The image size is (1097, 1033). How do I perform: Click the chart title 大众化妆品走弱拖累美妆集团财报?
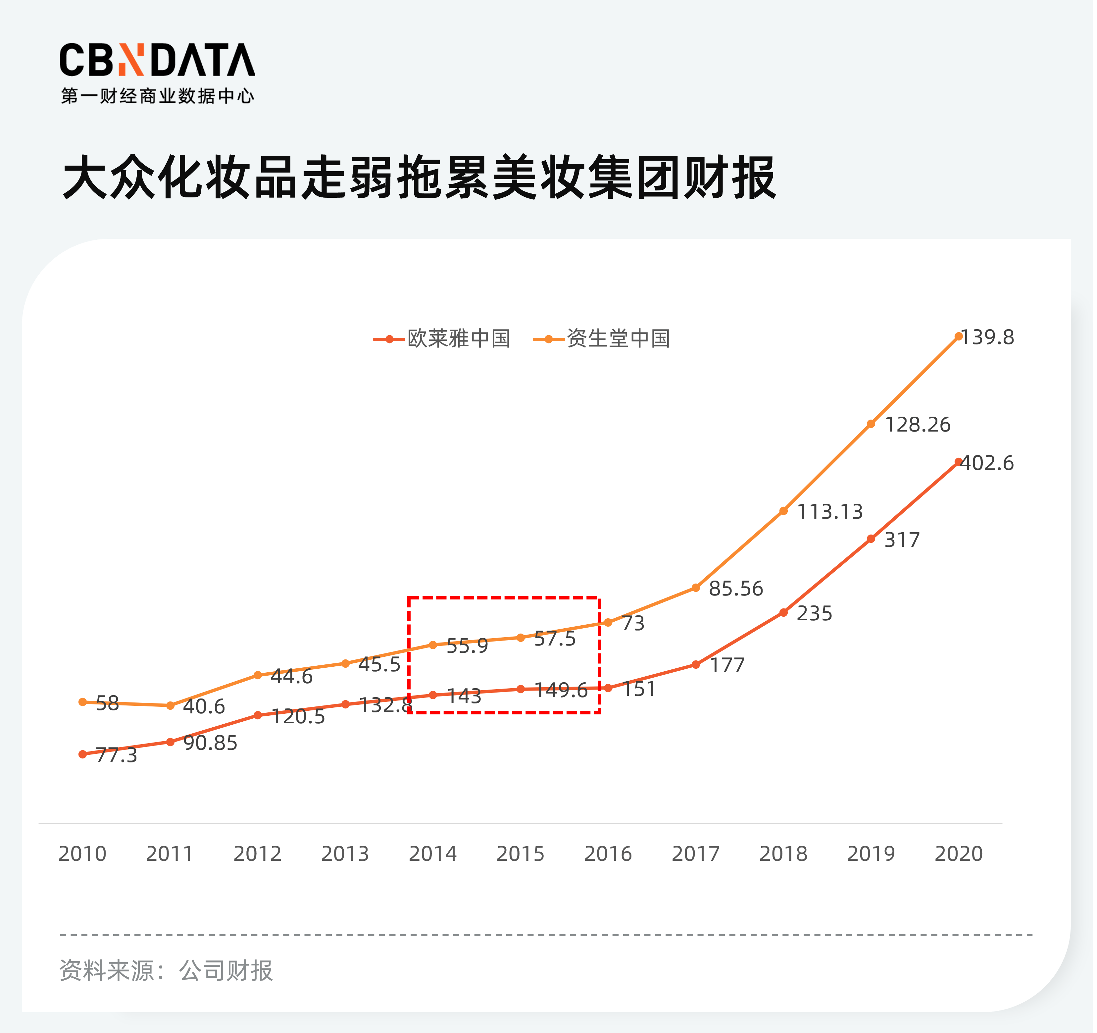click(x=420, y=178)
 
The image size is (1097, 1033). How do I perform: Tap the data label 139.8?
click(x=988, y=337)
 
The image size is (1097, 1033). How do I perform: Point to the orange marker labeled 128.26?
click(x=871, y=424)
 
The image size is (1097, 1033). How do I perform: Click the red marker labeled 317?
click(x=871, y=539)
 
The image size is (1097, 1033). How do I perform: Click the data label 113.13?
click(x=830, y=512)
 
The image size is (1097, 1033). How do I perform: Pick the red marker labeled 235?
click(x=783, y=612)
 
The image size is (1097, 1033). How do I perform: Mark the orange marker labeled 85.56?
click(x=696, y=588)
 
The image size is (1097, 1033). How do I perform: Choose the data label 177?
click(x=727, y=665)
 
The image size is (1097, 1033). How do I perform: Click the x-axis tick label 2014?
click(x=433, y=854)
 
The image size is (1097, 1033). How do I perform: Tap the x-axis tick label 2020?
click(x=959, y=854)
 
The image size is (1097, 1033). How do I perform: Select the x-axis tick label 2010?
click(x=82, y=854)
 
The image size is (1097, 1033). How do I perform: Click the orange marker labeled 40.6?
click(x=171, y=705)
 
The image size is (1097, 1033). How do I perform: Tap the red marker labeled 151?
click(x=608, y=688)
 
